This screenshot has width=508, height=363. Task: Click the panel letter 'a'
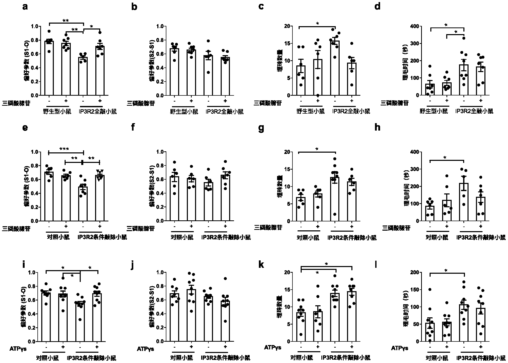[x=25, y=7]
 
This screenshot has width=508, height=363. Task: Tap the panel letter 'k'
[x=261, y=265]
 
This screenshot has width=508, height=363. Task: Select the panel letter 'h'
[x=377, y=127]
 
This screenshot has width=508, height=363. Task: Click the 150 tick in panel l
[x=415, y=290]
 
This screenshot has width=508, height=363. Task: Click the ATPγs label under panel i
[x=18, y=349]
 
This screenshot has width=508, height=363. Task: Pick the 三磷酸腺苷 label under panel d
[x=394, y=103]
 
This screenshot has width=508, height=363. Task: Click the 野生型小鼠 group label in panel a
[x=57, y=112]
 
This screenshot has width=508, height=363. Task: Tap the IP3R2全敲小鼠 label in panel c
[x=351, y=112]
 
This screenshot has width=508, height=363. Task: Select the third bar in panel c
[x=335, y=68]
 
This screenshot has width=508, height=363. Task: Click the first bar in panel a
[x=49, y=68]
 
